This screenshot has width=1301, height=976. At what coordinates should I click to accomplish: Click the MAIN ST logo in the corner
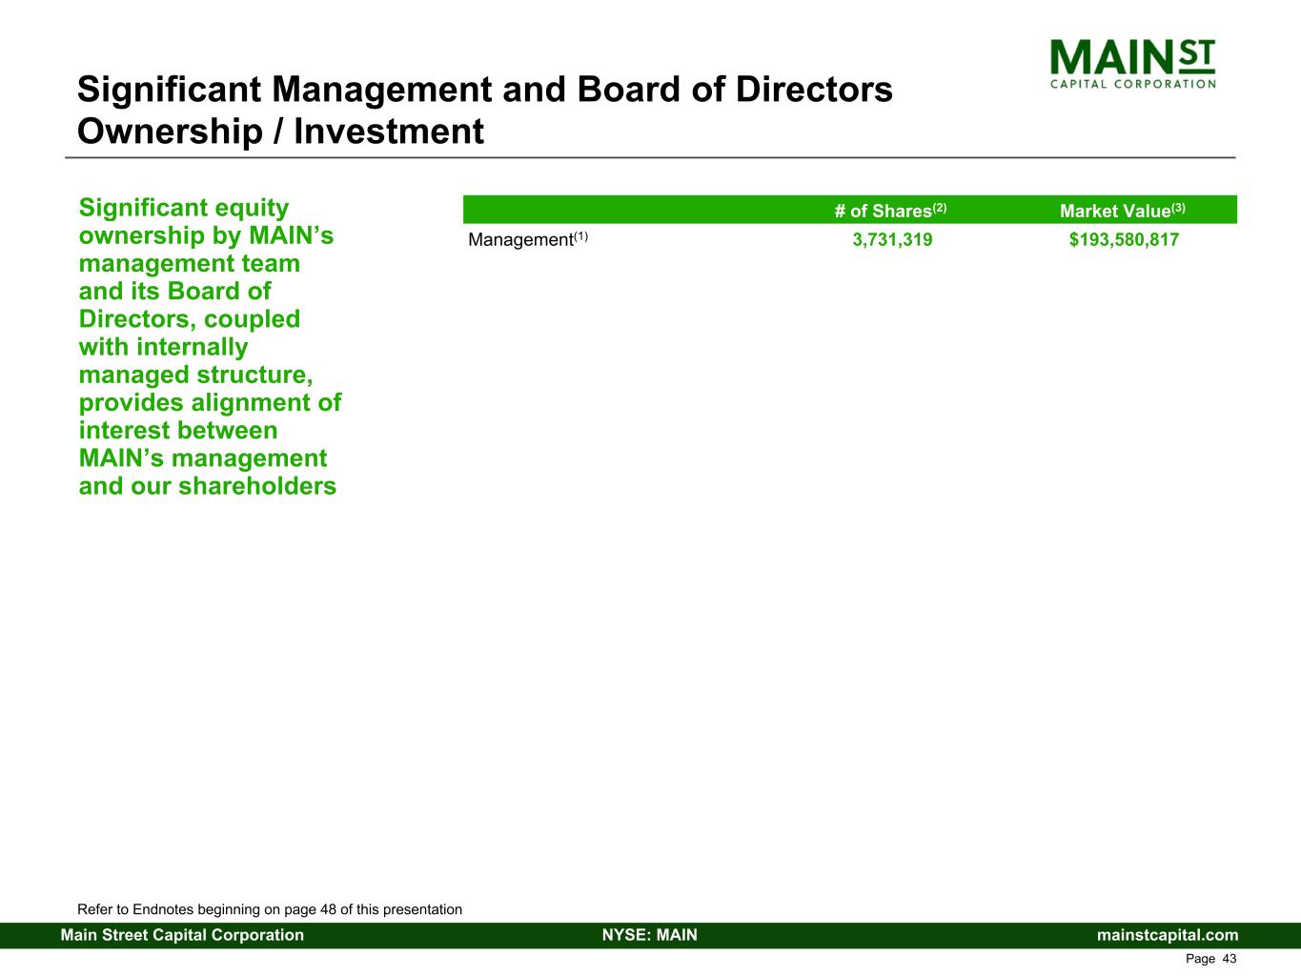point(1132,64)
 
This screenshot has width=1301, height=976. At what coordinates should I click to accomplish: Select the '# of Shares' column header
point(890,211)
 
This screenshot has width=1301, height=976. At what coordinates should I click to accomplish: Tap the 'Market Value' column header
point(1123,211)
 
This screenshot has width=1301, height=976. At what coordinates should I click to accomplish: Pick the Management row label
point(527,239)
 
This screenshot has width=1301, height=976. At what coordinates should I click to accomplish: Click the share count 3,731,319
point(892,239)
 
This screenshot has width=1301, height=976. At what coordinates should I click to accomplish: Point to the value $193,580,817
point(1124,239)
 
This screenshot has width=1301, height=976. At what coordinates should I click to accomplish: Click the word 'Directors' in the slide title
point(814,90)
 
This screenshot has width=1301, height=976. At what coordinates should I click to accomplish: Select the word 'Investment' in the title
point(389,131)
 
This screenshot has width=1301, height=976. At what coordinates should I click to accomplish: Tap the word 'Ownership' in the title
point(170,132)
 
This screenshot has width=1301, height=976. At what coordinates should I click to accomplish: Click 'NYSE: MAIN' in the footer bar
point(650,934)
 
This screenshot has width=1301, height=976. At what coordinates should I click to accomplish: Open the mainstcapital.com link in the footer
point(1168,935)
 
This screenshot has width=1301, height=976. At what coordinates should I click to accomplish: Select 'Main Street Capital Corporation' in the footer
point(182,935)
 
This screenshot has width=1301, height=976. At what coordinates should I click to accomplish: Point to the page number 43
point(1230,959)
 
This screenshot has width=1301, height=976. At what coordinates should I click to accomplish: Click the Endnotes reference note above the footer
point(270,909)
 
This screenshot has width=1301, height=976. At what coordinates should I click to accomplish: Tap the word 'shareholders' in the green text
point(257,486)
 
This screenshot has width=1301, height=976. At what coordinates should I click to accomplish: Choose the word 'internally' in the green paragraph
point(192,348)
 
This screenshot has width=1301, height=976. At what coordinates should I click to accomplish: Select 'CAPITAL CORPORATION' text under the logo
point(1132,84)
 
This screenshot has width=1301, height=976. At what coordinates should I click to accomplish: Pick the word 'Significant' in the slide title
point(169,90)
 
